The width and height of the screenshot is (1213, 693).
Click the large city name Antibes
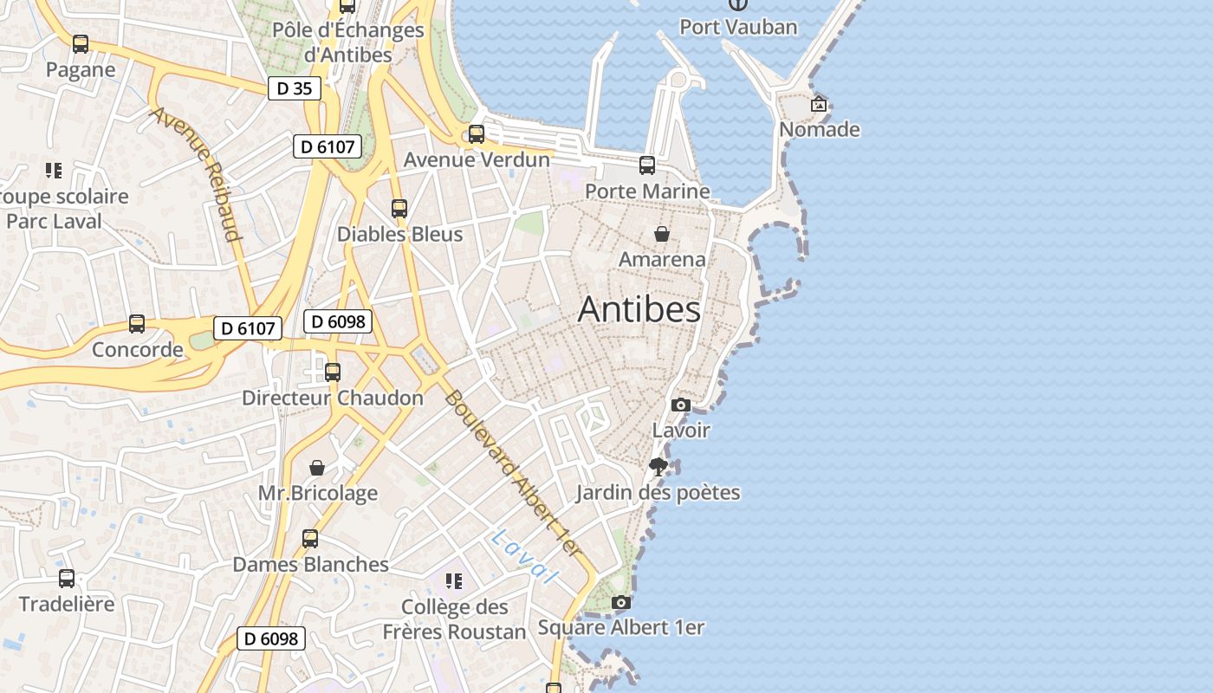[639, 309]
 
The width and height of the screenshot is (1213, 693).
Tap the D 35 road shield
[295, 87]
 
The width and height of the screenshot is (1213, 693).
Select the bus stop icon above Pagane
[81, 44]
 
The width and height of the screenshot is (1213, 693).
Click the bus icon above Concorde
[137, 324]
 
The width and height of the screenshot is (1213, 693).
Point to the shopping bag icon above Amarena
[662, 234]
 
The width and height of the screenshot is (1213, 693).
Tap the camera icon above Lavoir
[681, 405]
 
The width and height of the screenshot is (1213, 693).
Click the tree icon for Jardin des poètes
[658, 467]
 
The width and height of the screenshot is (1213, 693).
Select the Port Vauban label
[738, 27]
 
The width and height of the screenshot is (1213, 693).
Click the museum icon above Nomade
[819, 104]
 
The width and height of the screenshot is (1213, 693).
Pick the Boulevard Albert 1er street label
[512, 472]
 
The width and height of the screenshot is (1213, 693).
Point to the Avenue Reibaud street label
[198, 173]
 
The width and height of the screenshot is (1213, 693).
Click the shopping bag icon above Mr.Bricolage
[318, 468]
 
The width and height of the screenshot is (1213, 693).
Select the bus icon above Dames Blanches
[310, 539]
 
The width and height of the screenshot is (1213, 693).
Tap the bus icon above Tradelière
[67, 579]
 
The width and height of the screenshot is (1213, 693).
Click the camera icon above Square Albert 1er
[620, 602]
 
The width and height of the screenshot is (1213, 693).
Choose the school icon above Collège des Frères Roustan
[454, 581]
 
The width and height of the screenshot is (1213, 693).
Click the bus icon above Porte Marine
[647, 165]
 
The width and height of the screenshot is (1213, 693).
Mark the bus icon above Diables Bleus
[399, 209]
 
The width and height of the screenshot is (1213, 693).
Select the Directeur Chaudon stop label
[333, 398]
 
